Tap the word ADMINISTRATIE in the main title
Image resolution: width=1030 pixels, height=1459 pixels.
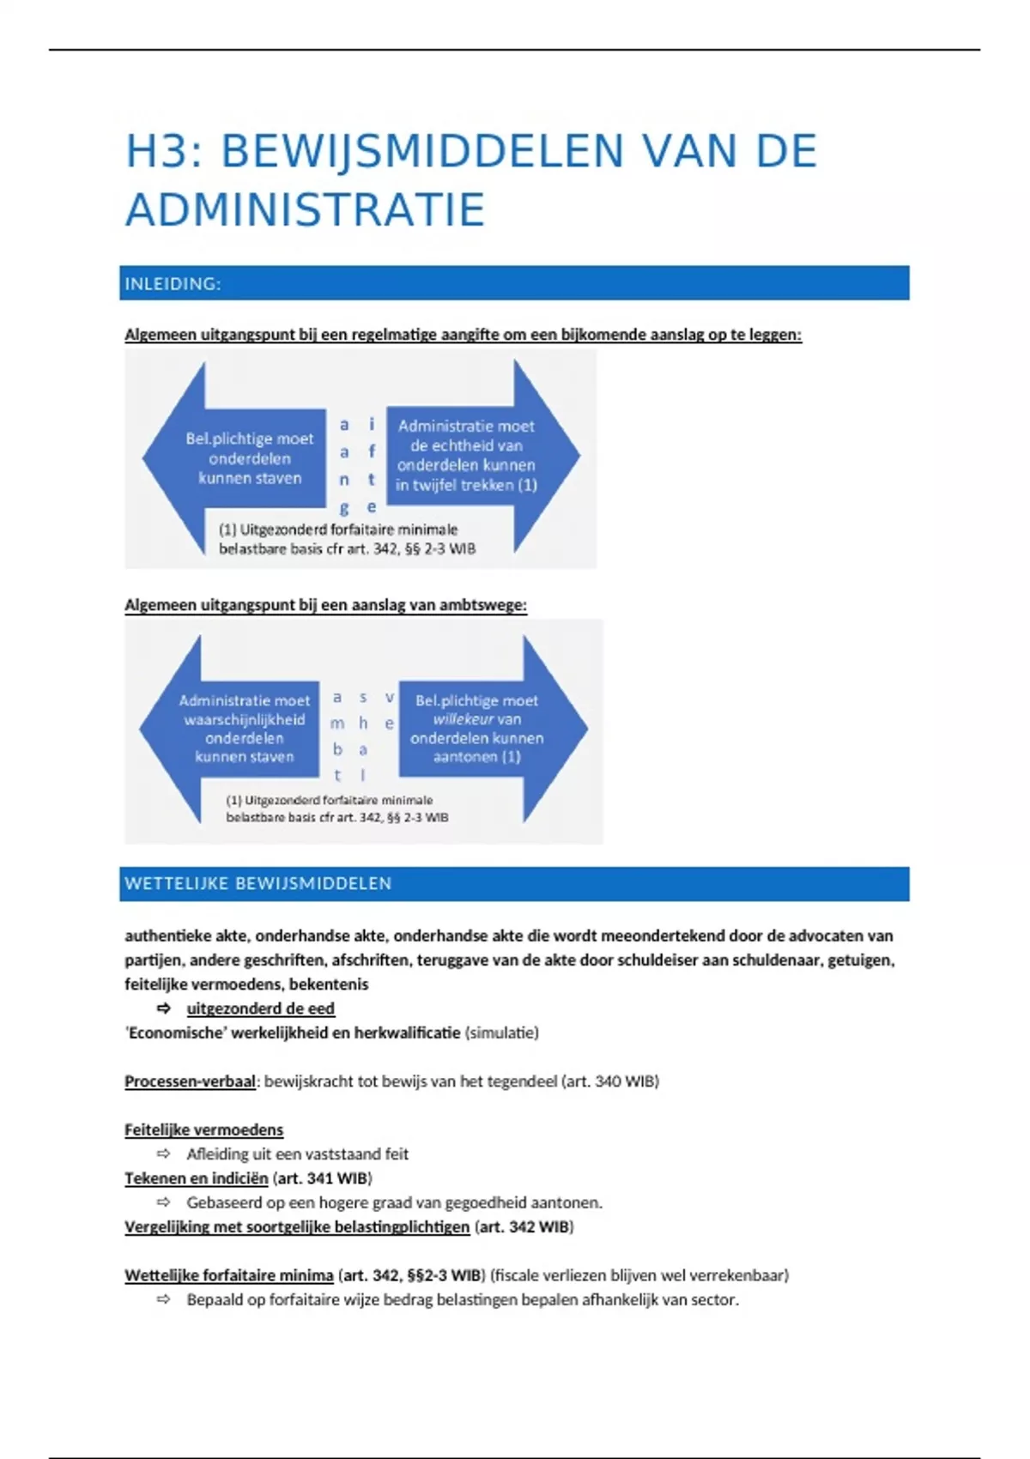tap(306, 211)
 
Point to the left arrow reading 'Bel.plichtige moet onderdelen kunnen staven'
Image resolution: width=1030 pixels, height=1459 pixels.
tap(240, 457)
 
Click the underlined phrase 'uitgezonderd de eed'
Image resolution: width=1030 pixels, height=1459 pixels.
tap(260, 1008)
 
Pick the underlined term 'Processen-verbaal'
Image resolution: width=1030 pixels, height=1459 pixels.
tap(190, 1081)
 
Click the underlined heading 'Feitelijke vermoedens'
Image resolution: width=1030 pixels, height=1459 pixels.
tap(203, 1130)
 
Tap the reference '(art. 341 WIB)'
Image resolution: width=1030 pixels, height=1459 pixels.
tap(322, 1178)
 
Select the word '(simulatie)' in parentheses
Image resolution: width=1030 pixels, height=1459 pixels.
tap(501, 1032)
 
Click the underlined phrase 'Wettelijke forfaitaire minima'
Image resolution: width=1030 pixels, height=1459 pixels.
tap(228, 1275)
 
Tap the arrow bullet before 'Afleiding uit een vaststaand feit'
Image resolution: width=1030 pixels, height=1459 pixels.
tap(163, 1154)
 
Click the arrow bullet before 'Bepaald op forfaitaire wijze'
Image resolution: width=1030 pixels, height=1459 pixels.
tap(163, 1299)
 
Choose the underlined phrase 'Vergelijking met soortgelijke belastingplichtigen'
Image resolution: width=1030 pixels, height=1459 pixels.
tap(297, 1227)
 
